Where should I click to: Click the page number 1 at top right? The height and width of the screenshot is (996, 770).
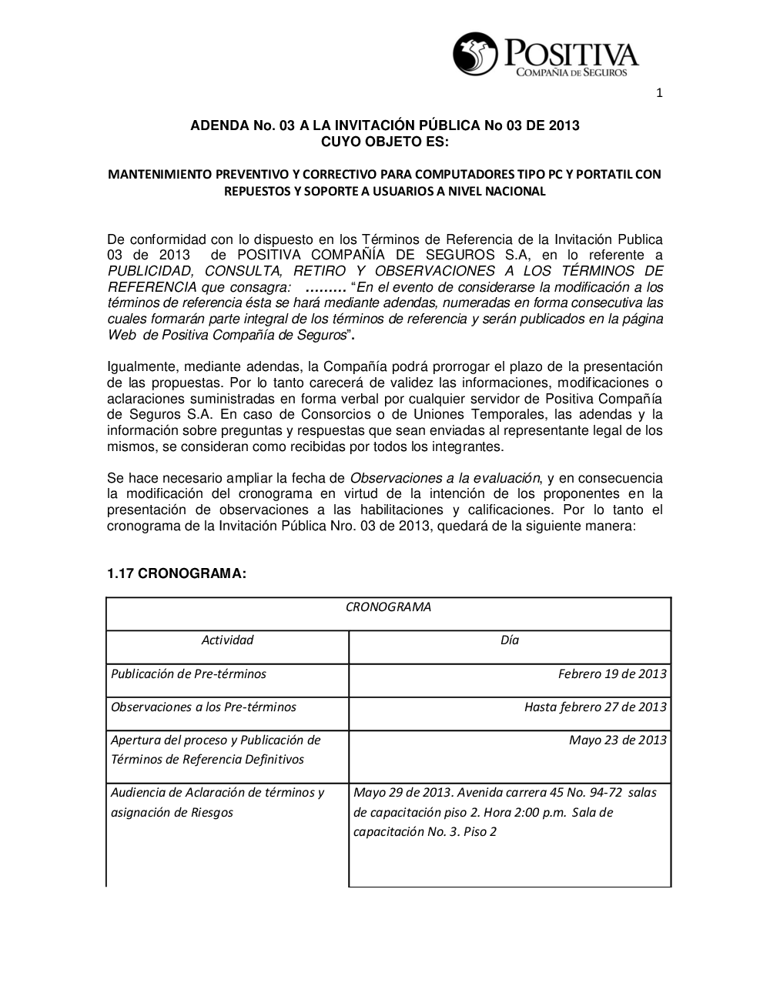pos(659,94)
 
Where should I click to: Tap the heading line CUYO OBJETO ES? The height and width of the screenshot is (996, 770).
pos(384,142)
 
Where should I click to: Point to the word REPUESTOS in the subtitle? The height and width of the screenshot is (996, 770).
pos(255,192)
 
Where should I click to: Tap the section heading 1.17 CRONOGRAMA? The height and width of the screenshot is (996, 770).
pos(176,573)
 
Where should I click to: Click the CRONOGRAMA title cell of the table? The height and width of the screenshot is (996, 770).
pos(388,607)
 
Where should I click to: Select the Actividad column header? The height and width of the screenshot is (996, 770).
pos(227,640)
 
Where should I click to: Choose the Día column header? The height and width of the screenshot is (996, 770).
pos(509,640)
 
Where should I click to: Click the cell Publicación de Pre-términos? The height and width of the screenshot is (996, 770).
pos(189,673)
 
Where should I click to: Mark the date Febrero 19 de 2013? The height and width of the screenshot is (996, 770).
pos(612,673)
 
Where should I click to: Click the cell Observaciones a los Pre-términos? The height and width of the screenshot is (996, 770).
pos(203,707)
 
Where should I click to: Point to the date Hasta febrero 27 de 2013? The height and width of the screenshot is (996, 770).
pos(595,707)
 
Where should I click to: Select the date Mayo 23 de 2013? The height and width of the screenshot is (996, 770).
pos(618,740)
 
